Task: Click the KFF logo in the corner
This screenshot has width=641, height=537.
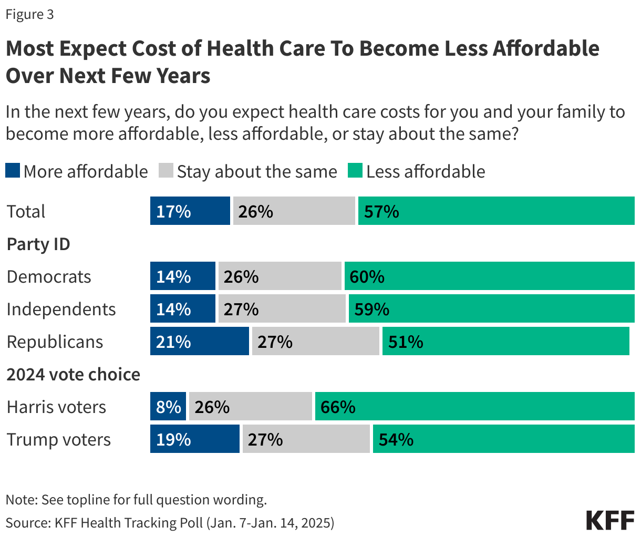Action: (x=610, y=520)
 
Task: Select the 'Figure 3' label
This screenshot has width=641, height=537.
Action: (x=30, y=15)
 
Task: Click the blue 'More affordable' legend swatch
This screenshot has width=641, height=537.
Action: (x=13, y=171)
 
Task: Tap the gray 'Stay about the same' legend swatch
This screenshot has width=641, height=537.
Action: (x=166, y=171)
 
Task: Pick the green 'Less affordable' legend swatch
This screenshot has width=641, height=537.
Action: (x=355, y=171)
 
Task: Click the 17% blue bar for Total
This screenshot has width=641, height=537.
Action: (x=190, y=211)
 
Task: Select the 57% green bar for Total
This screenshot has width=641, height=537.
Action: (x=496, y=211)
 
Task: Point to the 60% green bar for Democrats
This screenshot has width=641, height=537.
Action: (x=489, y=276)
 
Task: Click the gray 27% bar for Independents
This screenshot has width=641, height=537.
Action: (x=282, y=308)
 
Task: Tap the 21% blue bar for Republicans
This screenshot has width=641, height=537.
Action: (x=199, y=341)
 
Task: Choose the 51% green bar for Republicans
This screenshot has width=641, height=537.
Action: (x=505, y=341)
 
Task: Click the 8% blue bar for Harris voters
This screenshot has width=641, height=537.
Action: (x=168, y=406)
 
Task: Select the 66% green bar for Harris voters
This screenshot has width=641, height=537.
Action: (x=474, y=406)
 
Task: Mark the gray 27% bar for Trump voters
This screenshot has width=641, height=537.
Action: (x=306, y=439)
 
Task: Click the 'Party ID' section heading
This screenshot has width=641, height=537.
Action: (x=38, y=244)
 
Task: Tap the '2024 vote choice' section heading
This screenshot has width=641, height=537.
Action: (x=73, y=374)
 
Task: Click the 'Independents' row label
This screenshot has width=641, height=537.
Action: (x=61, y=309)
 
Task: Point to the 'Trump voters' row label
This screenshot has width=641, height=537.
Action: (x=59, y=439)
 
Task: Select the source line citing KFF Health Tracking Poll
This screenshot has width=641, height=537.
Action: (x=170, y=522)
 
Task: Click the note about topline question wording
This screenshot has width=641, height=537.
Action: (x=136, y=499)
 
